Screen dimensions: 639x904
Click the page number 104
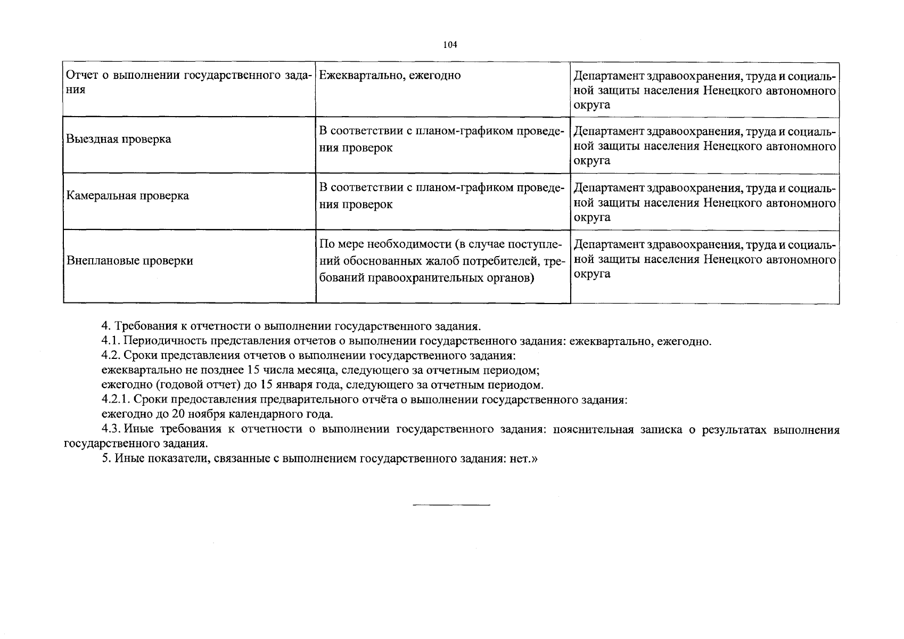tap(450, 45)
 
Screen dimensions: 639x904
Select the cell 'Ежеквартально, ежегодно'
tap(390, 76)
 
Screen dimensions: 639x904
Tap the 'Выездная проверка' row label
tap(119, 140)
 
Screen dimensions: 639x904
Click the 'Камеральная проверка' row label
tap(127, 196)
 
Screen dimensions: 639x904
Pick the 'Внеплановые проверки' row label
tap(129, 261)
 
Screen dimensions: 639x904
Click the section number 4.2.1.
tap(114, 399)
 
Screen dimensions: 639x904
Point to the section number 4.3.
tap(110, 430)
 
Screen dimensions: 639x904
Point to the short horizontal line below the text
tap(451, 505)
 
